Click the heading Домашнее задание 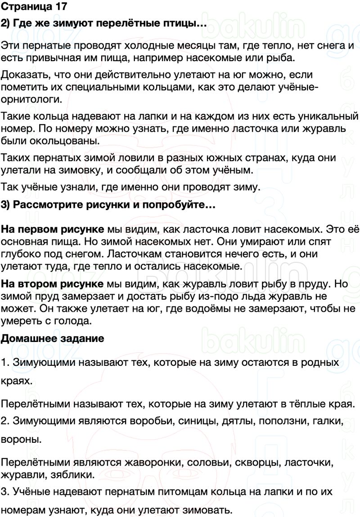point(53,338)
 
